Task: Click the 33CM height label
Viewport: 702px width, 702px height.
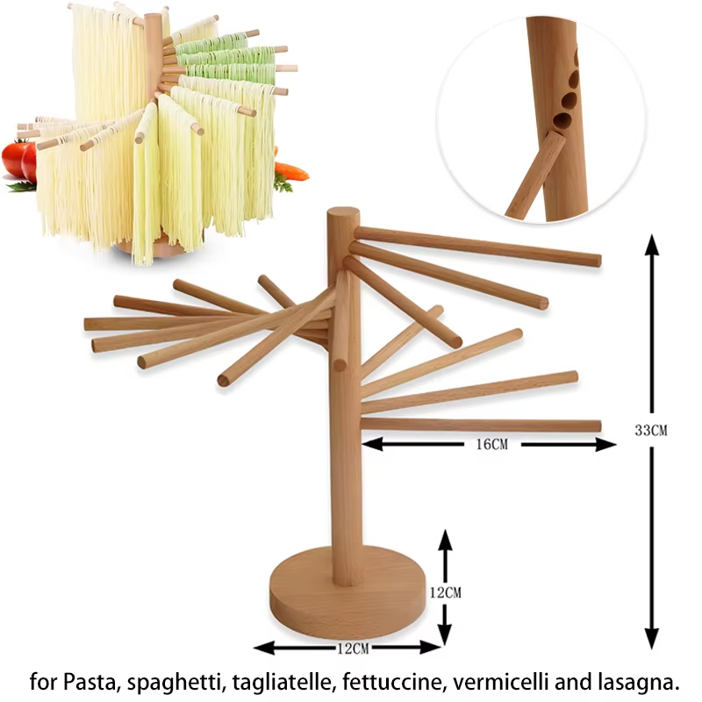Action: pos(651,430)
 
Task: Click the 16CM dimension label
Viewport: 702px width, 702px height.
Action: pos(491,445)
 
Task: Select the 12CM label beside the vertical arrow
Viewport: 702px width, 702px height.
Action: pos(445,592)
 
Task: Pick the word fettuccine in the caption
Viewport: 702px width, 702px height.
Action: pos(386,681)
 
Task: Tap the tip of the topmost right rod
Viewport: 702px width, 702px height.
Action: pos(597,260)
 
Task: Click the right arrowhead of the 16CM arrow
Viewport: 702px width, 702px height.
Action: pos(607,445)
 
